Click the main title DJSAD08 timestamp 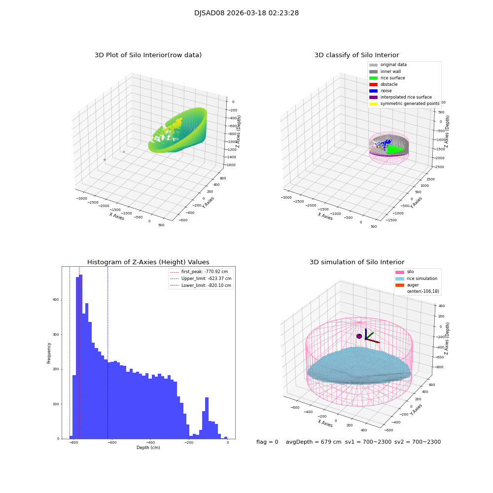(x=246, y=13)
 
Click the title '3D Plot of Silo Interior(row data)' (x=148, y=55)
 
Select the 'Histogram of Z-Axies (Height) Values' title (x=148, y=262)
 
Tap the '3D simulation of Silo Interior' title (x=357, y=262)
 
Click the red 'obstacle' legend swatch (x=373, y=84)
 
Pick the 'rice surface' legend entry (x=392, y=78)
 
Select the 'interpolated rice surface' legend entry (x=406, y=97)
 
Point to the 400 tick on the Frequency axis (x=56, y=300)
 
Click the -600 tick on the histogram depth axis (x=112, y=443)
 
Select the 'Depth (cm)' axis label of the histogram (x=148, y=448)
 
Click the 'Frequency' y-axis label (x=49, y=353)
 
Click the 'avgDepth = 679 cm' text (x=314, y=442)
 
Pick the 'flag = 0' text (x=267, y=442)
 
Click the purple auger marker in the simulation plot (x=359, y=336)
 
